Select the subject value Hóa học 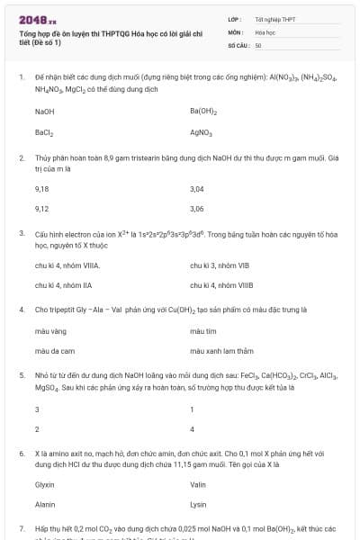click(x=265, y=31)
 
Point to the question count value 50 click(x=258, y=44)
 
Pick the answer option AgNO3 click(x=202, y=132)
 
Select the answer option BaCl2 click(x=45, y=132)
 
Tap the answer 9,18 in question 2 click(x=41, y=189)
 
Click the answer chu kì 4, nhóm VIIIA click(x=67, y=265)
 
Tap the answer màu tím click(x=203, y=331)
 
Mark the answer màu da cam click(x=55, y=350)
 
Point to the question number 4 click(x=21, y=309)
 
